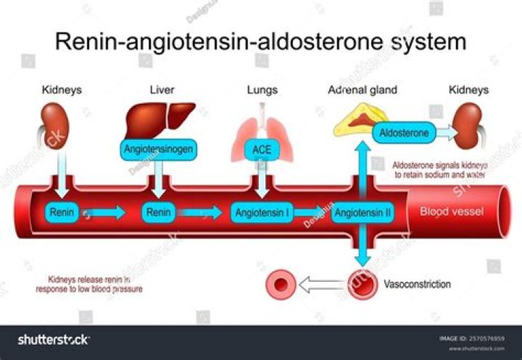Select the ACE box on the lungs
tap(262, 150)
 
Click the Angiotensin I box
tap(262, 213)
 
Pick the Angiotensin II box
tap(362, 213)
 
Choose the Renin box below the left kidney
tap(61, 213)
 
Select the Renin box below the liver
tap(158, 213)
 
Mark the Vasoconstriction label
tap(417, 284)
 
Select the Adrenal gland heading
tap(362, 90)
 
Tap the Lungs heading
tap(261, 90)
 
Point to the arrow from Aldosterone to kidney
tap(448, 133)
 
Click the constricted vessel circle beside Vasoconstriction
tap(362, 284)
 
